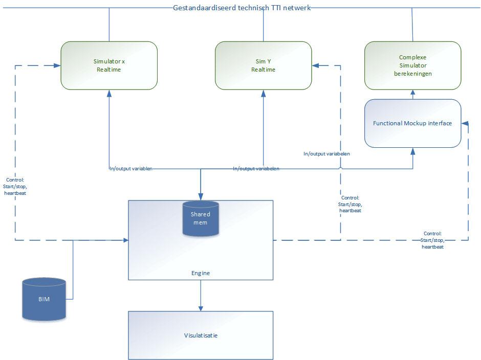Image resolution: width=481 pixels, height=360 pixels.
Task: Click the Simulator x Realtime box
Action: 108,65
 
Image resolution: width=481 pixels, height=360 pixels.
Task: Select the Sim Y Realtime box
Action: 263,65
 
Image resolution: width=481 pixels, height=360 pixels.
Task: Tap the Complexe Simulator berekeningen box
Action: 412,65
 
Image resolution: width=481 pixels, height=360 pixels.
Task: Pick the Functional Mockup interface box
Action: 412,123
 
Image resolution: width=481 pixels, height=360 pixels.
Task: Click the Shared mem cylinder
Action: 201,218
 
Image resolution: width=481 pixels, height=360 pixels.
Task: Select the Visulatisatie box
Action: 200,335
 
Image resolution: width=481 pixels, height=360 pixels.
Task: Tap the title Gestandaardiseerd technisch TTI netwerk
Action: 242,8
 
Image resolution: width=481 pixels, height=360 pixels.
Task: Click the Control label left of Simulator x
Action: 16,186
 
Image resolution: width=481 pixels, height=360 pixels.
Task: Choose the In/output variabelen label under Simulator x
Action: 131,168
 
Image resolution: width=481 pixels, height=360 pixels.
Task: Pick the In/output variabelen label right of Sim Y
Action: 326,153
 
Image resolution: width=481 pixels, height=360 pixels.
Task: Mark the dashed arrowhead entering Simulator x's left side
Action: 57,65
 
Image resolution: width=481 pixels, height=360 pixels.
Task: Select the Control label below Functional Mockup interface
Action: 432,240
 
